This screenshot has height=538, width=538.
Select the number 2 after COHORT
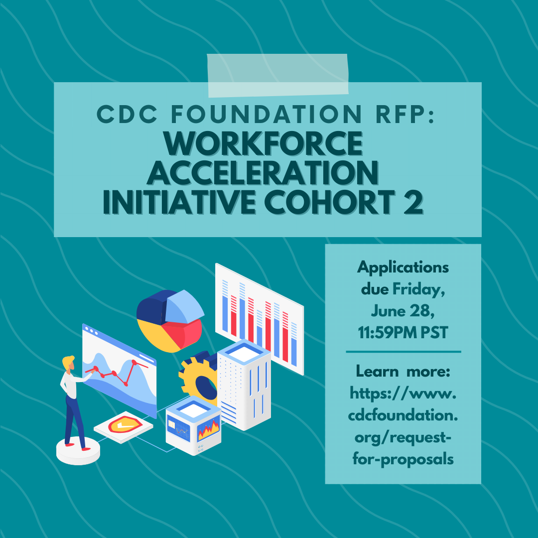413,202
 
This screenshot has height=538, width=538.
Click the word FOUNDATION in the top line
267,114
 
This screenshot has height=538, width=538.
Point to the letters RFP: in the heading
405,114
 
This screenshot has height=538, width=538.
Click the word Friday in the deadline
418,290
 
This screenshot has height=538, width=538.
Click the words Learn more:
403,371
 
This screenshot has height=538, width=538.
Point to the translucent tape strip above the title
277,76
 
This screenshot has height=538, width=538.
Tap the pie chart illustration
170,321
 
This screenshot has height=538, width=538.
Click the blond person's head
69,363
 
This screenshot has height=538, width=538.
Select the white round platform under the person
78,451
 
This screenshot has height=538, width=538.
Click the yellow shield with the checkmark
125,425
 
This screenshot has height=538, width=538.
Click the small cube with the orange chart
193,426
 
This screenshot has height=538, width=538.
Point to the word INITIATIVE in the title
179,202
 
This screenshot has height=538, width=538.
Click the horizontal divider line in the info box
403,352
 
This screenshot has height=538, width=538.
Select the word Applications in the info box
403,268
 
